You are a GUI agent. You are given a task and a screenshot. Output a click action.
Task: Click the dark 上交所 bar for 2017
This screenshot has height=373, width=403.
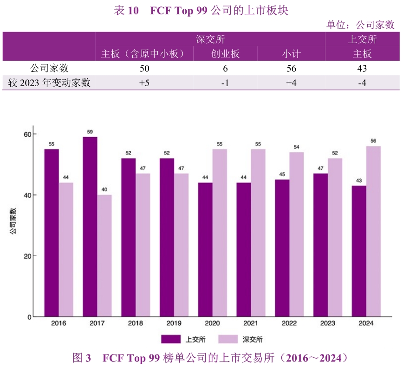(90, 227)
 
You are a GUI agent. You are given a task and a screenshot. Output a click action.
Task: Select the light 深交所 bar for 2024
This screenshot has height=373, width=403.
(373, 232)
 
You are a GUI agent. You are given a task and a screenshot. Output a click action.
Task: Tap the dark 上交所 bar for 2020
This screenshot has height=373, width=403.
(205, 250)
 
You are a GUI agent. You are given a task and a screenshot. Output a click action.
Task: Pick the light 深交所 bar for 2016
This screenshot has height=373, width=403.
(66, 250)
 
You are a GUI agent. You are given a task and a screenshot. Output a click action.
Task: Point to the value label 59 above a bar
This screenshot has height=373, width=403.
(90, 132)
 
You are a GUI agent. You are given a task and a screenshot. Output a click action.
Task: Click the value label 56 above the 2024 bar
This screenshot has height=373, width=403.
(373, 141)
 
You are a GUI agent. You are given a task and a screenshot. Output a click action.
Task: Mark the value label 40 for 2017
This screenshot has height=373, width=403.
(104, 190)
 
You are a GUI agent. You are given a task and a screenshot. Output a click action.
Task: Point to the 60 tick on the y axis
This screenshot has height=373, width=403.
(27, 134)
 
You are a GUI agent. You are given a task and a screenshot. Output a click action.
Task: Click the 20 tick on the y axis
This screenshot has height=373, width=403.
(27, 256)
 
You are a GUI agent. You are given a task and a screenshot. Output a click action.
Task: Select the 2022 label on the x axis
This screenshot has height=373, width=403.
(289, 323)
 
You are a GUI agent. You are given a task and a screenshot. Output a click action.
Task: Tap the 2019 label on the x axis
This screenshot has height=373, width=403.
(174, 323)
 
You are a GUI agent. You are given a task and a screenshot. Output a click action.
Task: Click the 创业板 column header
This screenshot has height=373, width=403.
(226, 54)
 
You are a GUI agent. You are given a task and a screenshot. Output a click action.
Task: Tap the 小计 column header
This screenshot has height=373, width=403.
(292, 54)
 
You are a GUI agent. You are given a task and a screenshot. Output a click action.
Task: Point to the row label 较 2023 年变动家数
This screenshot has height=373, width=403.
(49, 83)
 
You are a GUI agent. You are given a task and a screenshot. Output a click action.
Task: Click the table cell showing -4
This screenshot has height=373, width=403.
(363, 83)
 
